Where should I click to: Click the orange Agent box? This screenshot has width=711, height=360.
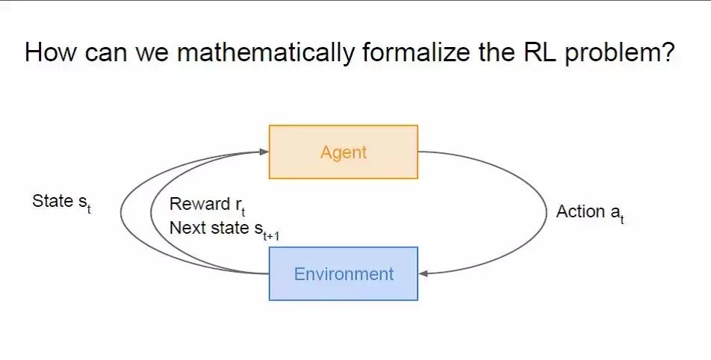pos(344,152)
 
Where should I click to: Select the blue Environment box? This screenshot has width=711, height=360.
pos(344,273)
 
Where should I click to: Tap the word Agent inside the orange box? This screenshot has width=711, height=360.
pos(344,153)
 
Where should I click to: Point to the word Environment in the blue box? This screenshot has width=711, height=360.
pos(344,274)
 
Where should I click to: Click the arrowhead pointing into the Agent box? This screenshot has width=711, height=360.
pos(264,152)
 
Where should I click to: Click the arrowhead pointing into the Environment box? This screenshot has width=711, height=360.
pos(423,273)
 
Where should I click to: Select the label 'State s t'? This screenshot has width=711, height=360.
pos(62,202)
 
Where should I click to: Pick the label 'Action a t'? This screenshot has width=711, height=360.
pos(590,213)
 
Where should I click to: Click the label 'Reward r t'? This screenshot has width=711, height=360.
pos(208,206)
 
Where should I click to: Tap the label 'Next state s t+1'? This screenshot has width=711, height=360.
pos(225,229)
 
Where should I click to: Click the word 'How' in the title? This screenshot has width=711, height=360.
pos(51,52)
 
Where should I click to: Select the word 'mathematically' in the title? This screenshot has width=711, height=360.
pos(265,53)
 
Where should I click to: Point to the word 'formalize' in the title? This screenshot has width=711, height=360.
pos(416,52)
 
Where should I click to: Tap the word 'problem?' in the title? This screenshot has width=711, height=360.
pos(620,54)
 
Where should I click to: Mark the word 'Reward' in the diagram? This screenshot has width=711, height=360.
pos(200,205)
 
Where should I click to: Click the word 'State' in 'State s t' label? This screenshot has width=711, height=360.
pos(52,202)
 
